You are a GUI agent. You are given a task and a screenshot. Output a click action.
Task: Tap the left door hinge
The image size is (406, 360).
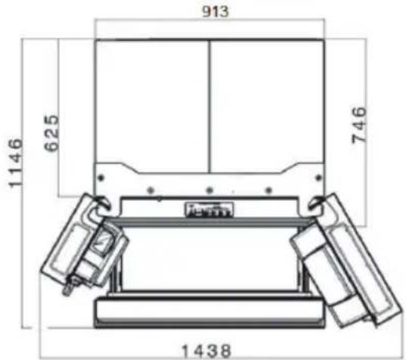click(x=100, y=202)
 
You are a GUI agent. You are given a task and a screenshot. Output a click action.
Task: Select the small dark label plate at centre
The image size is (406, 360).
click(x=208, y=209)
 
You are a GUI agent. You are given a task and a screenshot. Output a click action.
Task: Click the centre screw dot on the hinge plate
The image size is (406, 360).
click(x=207, y=189)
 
